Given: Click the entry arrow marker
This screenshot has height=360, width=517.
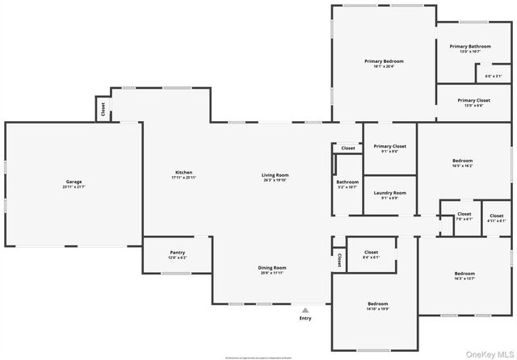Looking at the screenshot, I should tap(305, 309).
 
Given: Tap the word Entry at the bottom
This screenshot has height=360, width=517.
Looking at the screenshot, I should tap(305, 318).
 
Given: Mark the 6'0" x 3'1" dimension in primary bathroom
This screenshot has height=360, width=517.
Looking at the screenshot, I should tap(493, 77).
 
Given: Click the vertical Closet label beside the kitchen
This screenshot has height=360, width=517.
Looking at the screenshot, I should tap(103, 109).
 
